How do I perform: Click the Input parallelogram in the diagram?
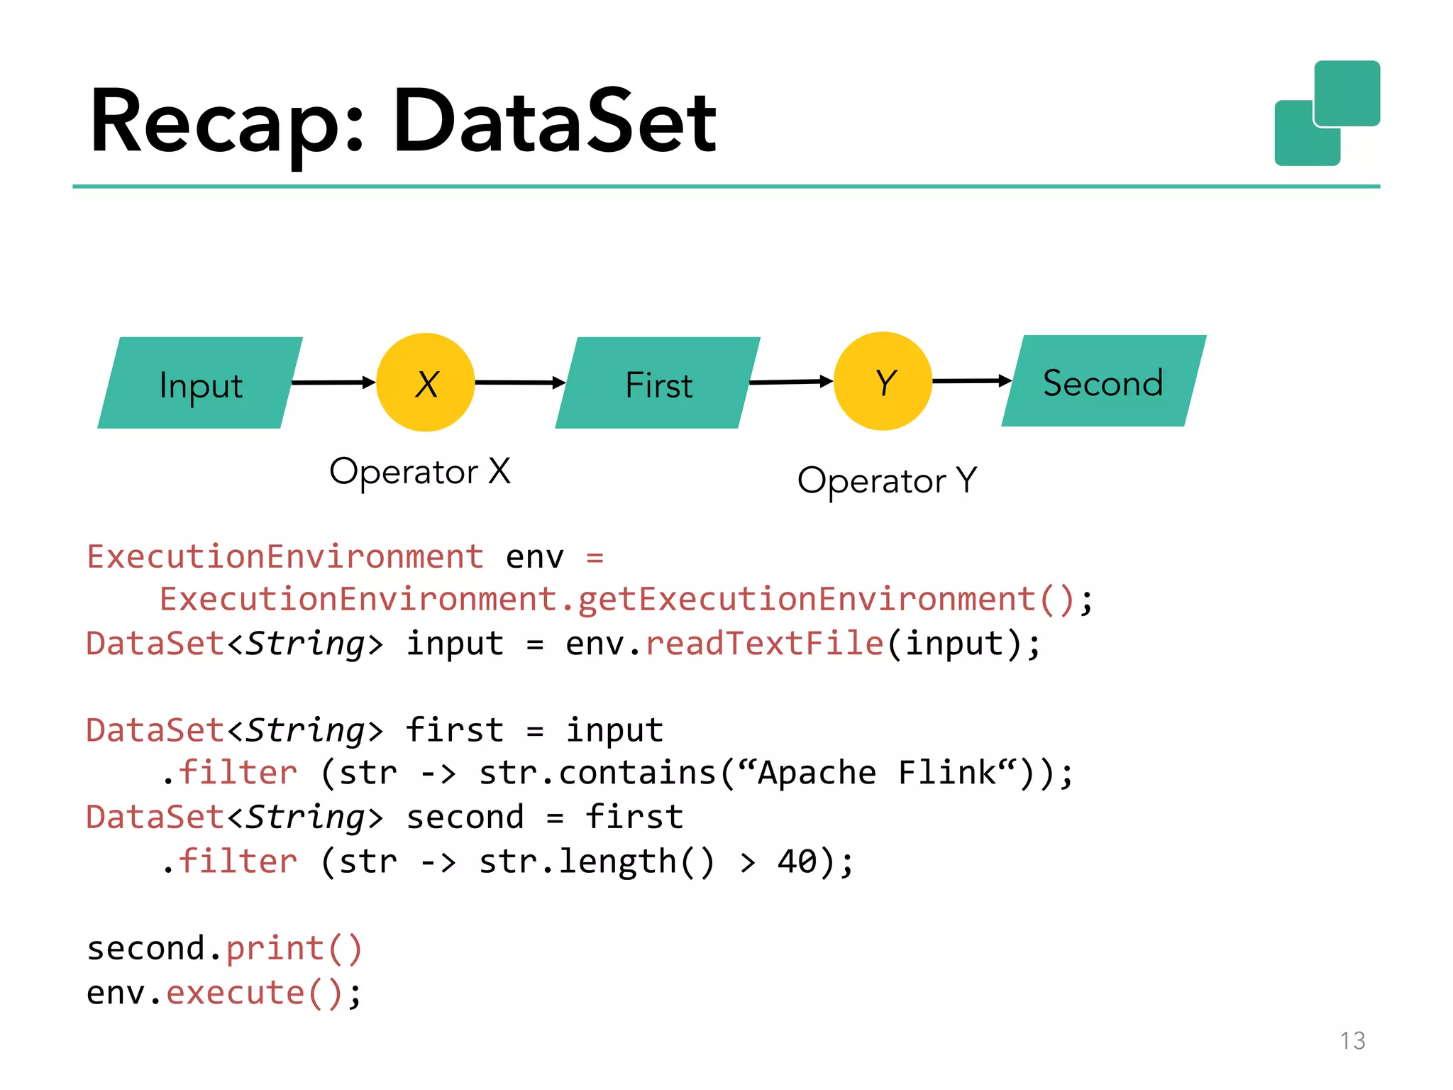click(200, 383)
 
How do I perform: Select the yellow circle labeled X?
click(425, 382)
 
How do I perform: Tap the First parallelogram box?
click(658, 383)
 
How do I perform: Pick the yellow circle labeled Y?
click(883, 381)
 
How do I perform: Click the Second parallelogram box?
click(1103, 381)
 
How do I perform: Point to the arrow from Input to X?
click(333, 382)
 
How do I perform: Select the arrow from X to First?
click(519, 382)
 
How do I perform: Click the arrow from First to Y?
click(790, 382)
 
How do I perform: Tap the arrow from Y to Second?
click(971, 381)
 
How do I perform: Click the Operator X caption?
click(419, 471)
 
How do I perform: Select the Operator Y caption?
click(887, 480)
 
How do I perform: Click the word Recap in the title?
click(227, 122)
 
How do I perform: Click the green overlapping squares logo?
click(1327, 114)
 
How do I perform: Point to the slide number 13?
click(1352, 1040)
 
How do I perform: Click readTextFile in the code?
click(765, 644)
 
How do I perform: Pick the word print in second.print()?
click(275, 949)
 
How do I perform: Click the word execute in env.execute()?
click(236, 992)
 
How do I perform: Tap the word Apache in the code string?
click(817, 773)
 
